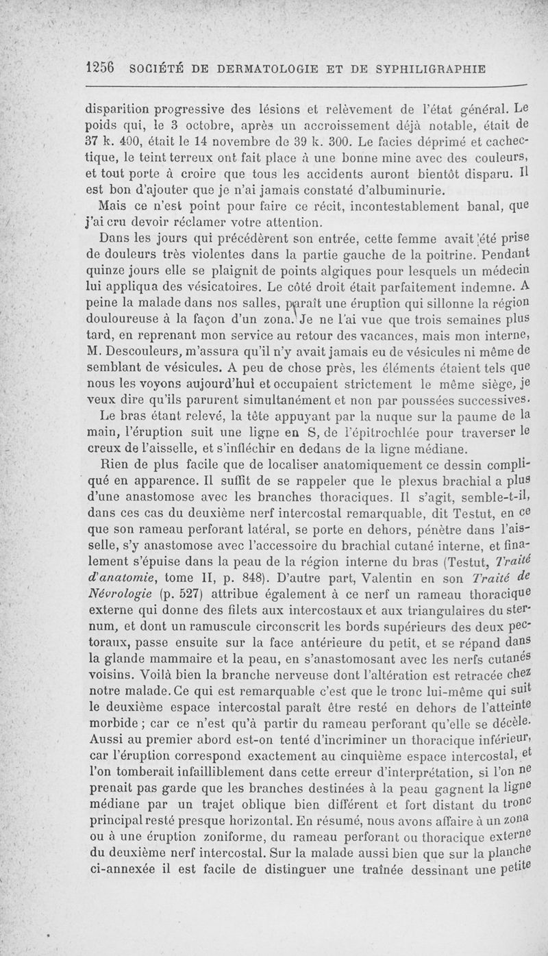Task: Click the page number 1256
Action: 99,68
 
